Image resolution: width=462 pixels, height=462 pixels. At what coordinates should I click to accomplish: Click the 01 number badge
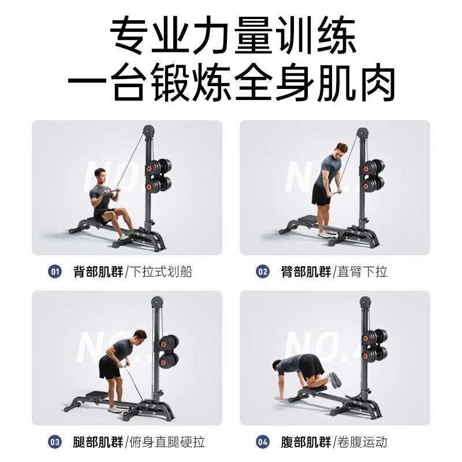click(55, 271)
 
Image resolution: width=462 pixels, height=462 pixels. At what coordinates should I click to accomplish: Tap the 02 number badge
click(263, 271)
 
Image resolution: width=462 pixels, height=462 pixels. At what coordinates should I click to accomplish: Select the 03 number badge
click(55, 442)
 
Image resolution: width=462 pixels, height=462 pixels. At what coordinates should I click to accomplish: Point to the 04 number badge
click(263, 442)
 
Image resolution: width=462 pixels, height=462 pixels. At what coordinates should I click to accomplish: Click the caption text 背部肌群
click(98, 271)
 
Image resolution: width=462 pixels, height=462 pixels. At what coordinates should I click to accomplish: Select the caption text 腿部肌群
click(98, 442)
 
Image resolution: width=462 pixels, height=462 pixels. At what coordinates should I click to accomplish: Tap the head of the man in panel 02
click(342, 148)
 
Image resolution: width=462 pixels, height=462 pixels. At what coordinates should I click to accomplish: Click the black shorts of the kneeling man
click(311, 366)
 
